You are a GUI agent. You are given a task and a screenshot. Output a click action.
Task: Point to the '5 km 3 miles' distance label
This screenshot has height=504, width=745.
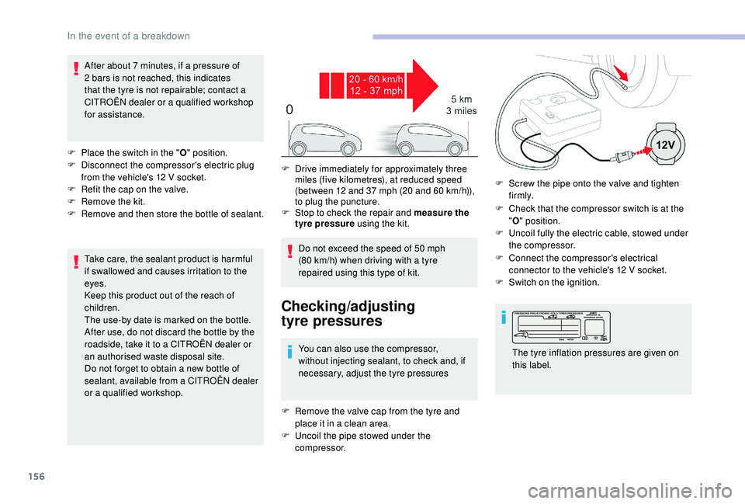tap(461, 106)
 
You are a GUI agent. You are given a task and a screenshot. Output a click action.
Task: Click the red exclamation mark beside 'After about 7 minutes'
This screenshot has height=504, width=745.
tap(76, 71)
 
